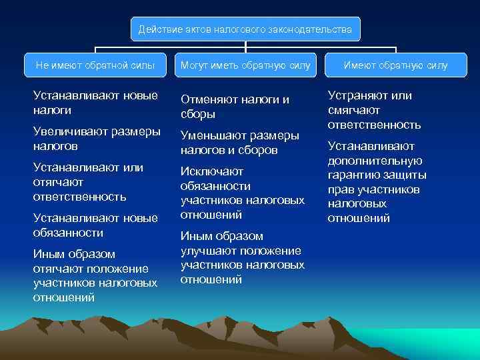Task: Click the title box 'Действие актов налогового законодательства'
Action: [245, 29]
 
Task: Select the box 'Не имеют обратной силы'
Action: [95, 65]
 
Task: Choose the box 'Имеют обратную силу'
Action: [395, 65]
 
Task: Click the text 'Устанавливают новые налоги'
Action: [95, 103]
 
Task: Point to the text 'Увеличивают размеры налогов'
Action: [96, 138]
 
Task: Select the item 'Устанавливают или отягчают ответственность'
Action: [88, 181]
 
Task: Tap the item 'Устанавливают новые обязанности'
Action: [95, 225]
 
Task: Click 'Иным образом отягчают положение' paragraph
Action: [95, 275]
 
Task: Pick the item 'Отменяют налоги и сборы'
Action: [235, 107]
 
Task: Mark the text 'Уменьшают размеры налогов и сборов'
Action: [239, 143]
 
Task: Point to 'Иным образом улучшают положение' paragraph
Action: [242, 258]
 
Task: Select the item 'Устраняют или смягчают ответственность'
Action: [374, 110]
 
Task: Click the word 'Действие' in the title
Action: [157, 29]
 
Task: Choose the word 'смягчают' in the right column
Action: [353, 110]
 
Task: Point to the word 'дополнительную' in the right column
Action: [375, 161]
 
